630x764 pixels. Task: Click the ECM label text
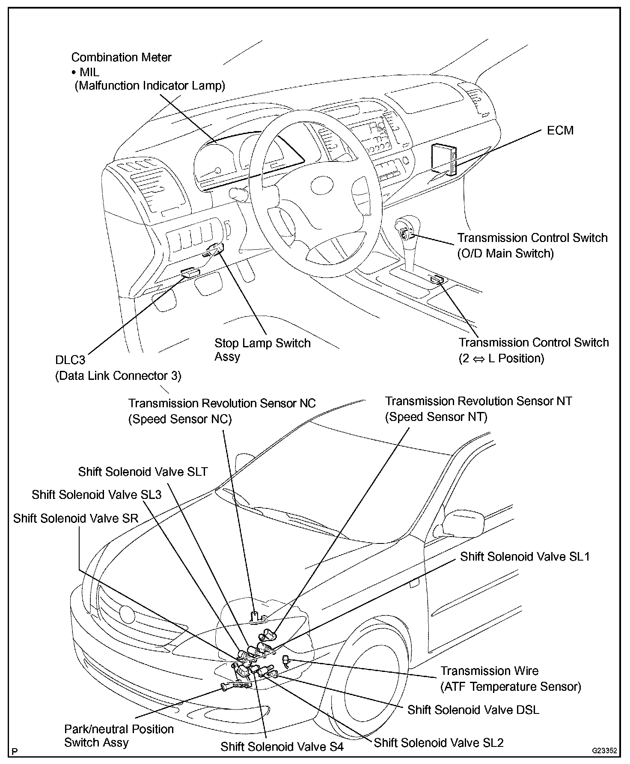(x=560, y=130)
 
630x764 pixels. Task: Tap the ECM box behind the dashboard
(x=443, y=158)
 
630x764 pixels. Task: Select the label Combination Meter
(x=121, y=57)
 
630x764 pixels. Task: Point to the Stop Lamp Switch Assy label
(x=262, y=349)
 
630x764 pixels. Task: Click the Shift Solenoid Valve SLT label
(x=143, y=472)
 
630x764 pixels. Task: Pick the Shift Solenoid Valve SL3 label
(x=97, y=495)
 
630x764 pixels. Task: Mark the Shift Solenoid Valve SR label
(x=76, y=518)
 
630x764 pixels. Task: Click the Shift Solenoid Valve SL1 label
(x=525, y=556)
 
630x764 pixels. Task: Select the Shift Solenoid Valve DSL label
(x=473, y=710)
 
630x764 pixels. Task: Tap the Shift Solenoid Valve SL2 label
(x=439, y=742)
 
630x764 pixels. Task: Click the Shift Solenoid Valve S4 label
(x=282, y=746)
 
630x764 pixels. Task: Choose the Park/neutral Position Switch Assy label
(x=119, y=735)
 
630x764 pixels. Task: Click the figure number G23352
(x=604, y=750)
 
